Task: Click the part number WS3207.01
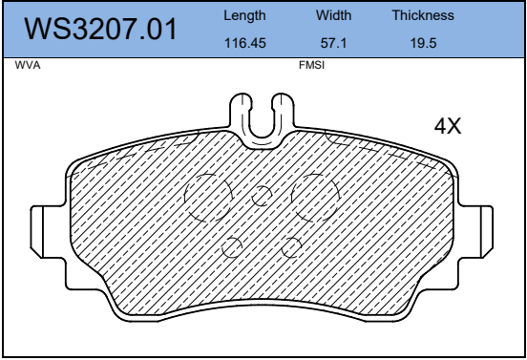(x=100, y=29)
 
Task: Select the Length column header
(x=244, y=16)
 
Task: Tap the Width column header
(x=333, y=15)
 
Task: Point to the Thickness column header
(x=423, y=15)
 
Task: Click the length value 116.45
(x=244, y=43)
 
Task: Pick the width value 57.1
(x=333, y=43)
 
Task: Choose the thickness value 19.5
(x=423, y=43)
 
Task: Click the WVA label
(x=28, y=65)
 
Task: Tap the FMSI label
(x=311, y=65)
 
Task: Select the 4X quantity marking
(x=448, y=126)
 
